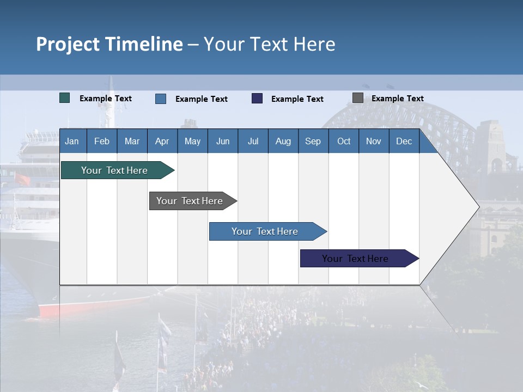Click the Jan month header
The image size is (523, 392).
(72, 141)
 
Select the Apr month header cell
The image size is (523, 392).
(162, 141)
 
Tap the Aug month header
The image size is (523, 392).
(283, 141)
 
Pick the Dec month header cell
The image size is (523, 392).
(404, 141)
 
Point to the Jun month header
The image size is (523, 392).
(223, 141)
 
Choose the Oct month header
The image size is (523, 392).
(344, 141)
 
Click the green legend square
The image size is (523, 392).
(65, 98)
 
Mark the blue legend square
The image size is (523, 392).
(161, 99)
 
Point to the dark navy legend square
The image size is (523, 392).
(257, 99)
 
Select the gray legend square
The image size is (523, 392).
(358, 98)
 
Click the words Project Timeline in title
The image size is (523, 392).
(110, 44)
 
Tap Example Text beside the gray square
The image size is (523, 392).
(397, 99)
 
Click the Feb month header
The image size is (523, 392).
(102, 141)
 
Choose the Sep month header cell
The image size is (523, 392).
(313, 141)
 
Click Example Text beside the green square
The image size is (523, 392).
(106, 99)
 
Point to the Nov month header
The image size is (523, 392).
(374, 141)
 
